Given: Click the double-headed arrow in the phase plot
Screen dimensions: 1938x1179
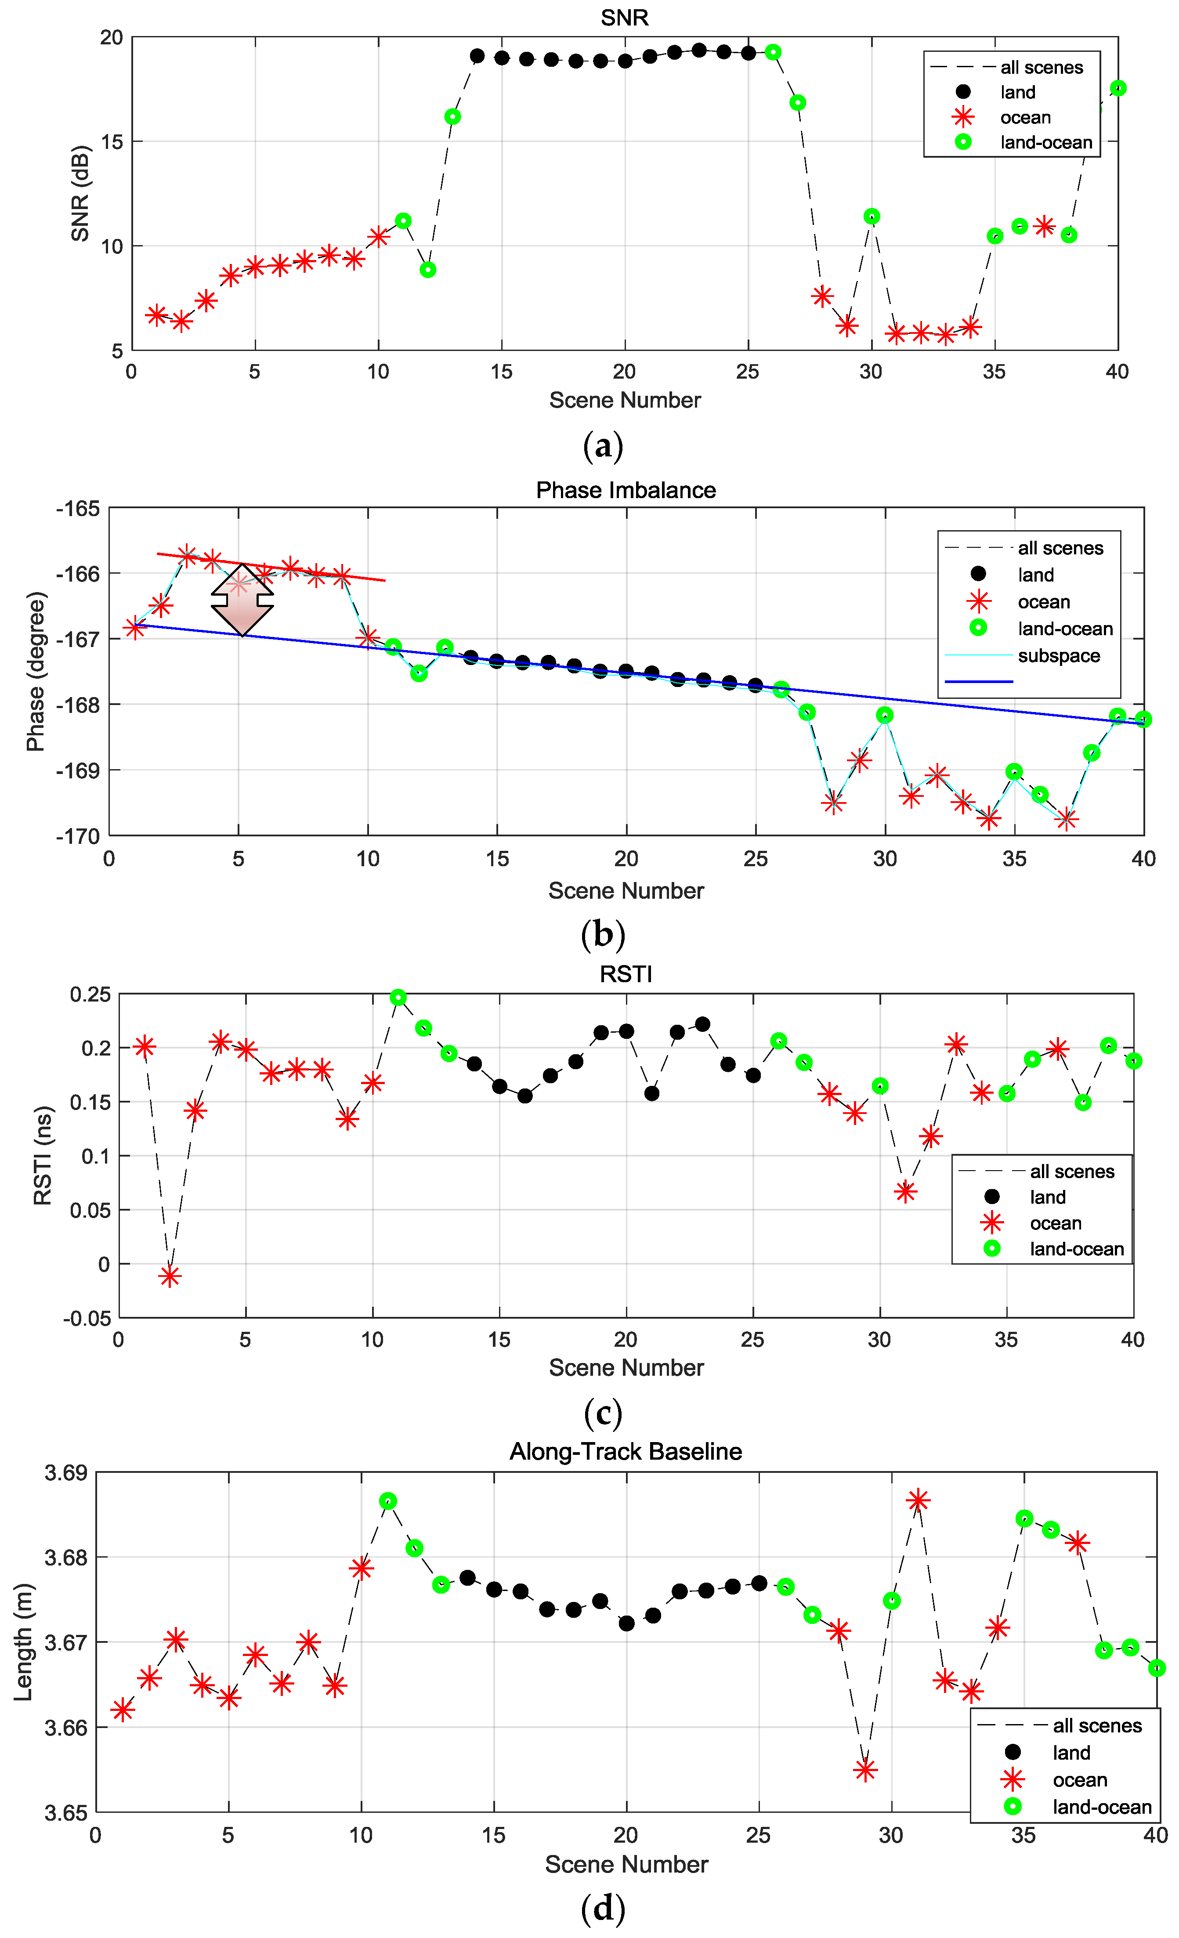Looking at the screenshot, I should coord(242,599).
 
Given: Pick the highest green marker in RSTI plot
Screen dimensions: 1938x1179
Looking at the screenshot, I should coord(398,997).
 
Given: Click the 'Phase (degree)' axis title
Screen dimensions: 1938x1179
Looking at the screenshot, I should coord(36,671).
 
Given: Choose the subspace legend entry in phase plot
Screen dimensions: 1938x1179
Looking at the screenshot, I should coord(1059,655).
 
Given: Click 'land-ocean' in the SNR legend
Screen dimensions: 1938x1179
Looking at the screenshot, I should coord(1046,142).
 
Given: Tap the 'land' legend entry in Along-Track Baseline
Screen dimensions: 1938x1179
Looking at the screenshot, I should coord(1071,1752).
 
